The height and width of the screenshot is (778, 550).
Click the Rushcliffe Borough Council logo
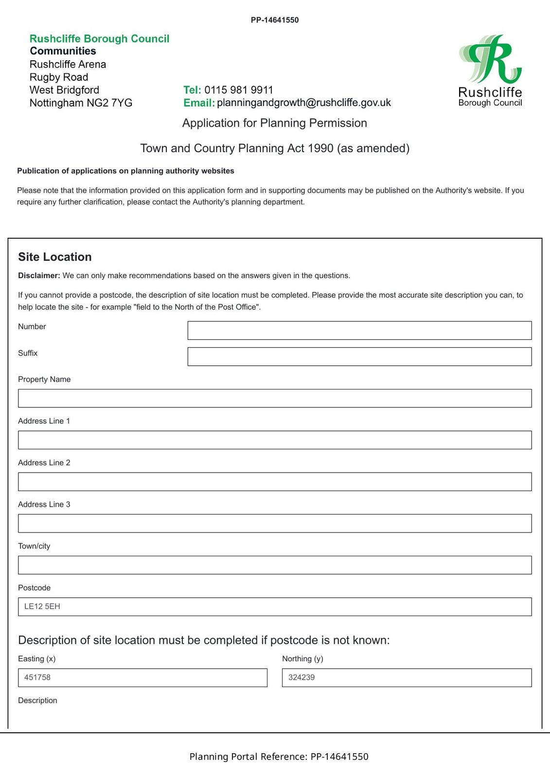490,71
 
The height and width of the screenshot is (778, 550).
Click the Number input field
359,331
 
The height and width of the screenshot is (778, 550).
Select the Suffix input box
359,357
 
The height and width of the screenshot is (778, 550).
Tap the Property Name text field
275,399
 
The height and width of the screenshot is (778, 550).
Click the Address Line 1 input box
275,440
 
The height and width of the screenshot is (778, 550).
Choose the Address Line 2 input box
275,482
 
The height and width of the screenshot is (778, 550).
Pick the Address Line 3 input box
275,524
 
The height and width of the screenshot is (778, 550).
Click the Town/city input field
275,566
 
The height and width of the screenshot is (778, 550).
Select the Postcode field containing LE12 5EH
275,607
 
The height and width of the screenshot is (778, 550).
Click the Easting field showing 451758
142,678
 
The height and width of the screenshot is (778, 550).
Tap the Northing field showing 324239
407,678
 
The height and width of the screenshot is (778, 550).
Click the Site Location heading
55,257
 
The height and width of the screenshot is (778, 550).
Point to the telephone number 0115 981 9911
239,90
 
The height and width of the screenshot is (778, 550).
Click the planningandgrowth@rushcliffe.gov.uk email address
304,103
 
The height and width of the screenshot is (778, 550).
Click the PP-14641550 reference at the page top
275,20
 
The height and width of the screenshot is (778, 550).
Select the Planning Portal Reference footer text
279,757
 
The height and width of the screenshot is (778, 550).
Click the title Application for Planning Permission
275,123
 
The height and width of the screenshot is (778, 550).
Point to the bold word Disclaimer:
39,276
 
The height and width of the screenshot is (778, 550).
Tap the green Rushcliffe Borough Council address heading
100,39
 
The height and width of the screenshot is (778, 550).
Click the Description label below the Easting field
37,701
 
